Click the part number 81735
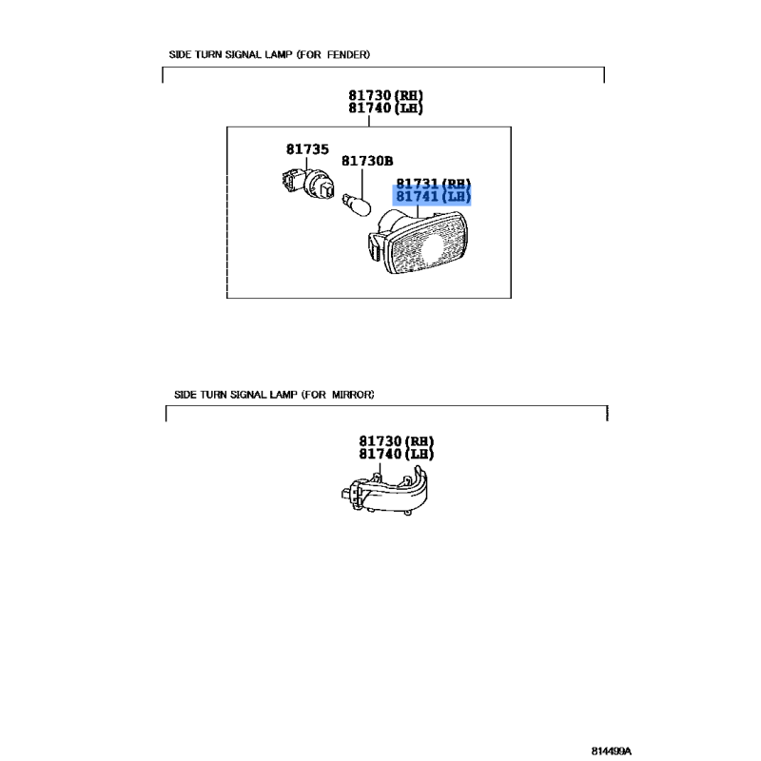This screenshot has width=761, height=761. pos(307,149)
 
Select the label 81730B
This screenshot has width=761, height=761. pos(367,161)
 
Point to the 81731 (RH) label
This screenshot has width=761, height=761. pos(434,184)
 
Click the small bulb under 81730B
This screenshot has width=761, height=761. pos(357,205)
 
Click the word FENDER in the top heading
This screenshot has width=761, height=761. pos(348,54)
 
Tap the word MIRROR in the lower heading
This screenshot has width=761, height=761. pos(353,395)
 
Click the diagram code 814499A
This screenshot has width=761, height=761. pos(612,751)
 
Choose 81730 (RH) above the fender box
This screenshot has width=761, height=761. pos(385,95)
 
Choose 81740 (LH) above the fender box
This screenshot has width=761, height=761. pos(385,107)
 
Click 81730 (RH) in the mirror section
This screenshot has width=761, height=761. pos(396,441)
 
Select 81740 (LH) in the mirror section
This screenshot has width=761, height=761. pos(396,454)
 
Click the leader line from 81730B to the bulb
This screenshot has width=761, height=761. pos(362,182)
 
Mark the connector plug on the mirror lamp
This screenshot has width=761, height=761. pos(348,494)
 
